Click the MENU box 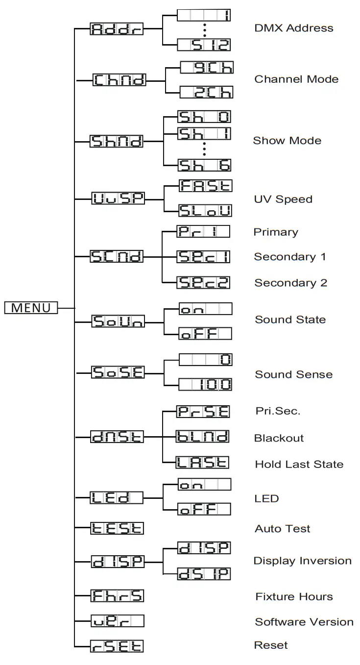pyautogui.click(x=31, y=308)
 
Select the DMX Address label pyautogui.click(x=293, y=28)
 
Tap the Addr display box pyautogui.click(x=117, y=29)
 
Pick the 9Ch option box pyautogui.click(x=206, y=67)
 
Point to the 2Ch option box pyautogui.click(x=206, y=92)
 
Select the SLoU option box pyautogui.click(x=205, y=211)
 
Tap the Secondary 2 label pyautogui.click(x=290, y=283)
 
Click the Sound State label pyautogui.click(x=290, y=320)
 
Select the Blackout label pyautogui.click(x=279, y=438)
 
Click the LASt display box pyautogui.click(x=203, y=463)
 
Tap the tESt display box pyautogui.click(x=117, y=528)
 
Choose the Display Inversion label pyautogui.click(x=302, y=561)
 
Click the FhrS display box pyautogui.click(x=117, y=596)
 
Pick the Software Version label pyautogui.click(x=304, y=622)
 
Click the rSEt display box pyautogui.click(x=117, y=645)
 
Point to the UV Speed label pyautogui.click(x=283, y=199)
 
